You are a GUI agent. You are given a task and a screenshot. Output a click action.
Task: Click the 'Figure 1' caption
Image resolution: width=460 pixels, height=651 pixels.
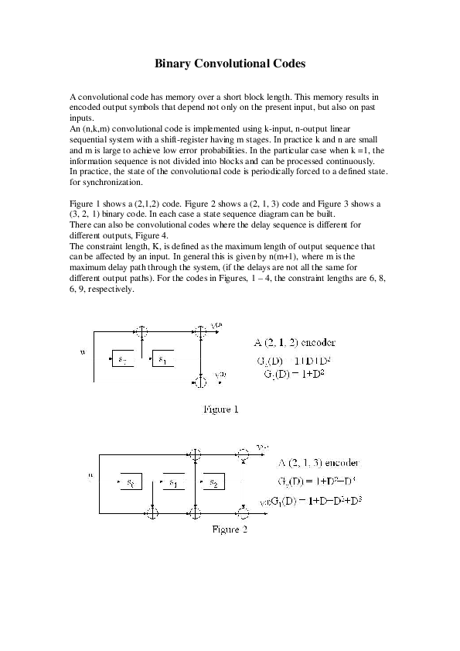tap(220, 409)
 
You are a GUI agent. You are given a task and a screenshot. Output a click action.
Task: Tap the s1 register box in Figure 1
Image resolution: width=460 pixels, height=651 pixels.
tap(166, 359)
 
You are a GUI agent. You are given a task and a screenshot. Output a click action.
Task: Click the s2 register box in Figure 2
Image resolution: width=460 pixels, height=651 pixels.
tap(210, 483)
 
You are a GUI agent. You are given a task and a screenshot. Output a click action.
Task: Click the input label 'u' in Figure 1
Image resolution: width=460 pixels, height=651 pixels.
tap(83, 351)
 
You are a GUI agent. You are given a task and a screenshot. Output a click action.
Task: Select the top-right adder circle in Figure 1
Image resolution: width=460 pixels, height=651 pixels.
tap(200, 332)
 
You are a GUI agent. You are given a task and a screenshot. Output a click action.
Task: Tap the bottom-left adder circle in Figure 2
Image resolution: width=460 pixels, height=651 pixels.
tap(153, 512)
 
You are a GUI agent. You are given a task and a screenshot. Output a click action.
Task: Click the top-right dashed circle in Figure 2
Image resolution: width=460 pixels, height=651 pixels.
tap(244, 452)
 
